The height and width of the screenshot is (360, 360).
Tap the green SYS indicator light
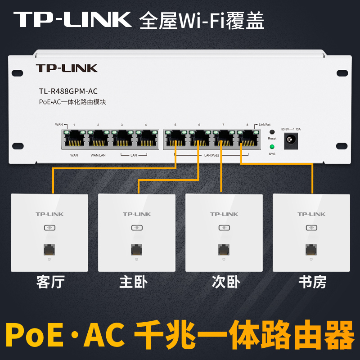coord(272,147)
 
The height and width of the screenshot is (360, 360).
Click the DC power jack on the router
coord(291,140)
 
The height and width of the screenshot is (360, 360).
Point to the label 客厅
coord(50,282)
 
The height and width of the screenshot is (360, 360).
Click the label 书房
coord(312,282)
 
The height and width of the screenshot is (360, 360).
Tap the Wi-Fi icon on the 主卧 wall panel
coord(137,228)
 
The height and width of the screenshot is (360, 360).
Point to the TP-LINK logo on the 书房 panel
coord(311,214)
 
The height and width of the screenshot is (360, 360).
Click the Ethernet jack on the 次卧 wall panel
coord(224,249)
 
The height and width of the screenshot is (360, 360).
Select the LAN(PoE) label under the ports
coord(211,155)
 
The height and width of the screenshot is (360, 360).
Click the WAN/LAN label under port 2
coord(98,155)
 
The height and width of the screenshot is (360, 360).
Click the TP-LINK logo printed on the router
coord(67,68)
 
